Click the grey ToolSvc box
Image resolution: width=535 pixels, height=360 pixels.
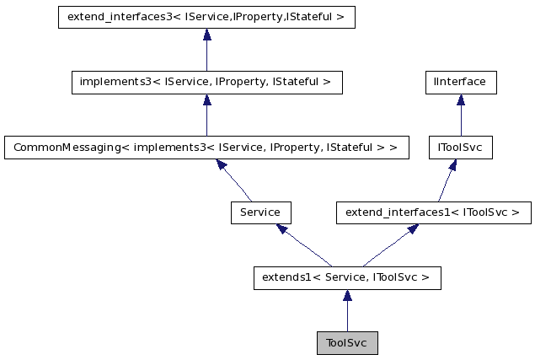[346, 343]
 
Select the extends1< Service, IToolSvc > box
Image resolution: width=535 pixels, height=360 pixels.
[347, 277]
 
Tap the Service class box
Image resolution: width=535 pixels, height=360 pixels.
[260, 212]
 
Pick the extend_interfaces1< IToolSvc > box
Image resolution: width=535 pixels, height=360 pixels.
[433, 212]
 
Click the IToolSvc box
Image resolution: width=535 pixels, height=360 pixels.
[460, 148]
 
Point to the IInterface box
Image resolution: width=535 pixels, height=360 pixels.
[460, 83]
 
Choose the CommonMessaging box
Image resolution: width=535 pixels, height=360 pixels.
[206, 148]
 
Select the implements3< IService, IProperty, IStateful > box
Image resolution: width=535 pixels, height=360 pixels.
[206, 83]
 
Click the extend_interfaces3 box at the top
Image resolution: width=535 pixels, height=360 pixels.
[206, 18]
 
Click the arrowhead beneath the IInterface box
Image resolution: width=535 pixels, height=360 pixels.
[460, 100]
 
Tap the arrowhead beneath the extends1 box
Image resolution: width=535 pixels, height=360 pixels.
[347, 295]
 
